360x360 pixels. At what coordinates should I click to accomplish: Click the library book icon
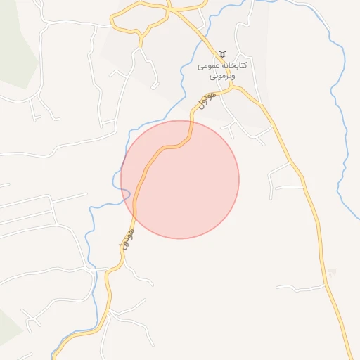click(x=223, y=54)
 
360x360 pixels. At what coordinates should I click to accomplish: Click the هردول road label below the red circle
click(x=125, y=238)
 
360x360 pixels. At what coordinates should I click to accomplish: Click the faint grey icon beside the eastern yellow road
click(x=332, y=272)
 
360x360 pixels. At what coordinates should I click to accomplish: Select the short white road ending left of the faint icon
click(x=295, y=287)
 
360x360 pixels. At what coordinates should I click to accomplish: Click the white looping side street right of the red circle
click(x=278, y=179)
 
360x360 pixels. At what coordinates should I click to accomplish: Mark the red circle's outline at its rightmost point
click(x=239, y=179)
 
